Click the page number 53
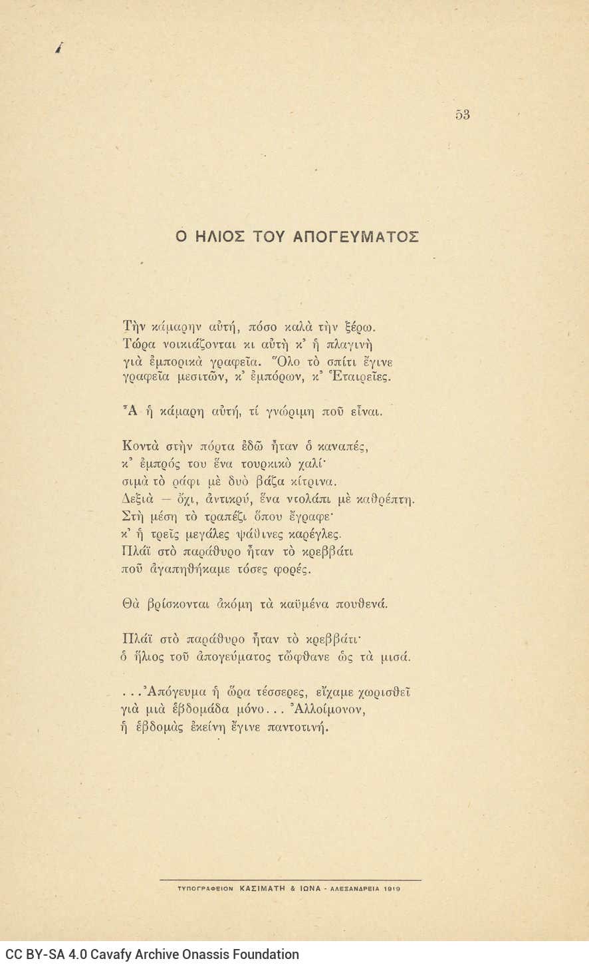click(x=463, y=114)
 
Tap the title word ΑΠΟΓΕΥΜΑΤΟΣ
click(x=356, y=237)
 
